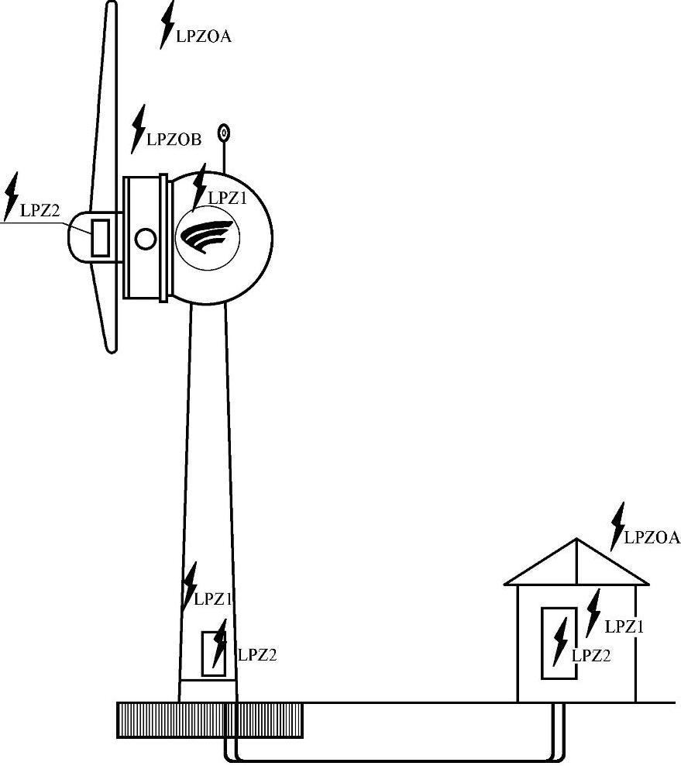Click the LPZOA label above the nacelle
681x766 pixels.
pyautogui.click(x=204, y=36)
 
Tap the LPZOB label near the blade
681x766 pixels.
pyautogui.click(x=174, y=140)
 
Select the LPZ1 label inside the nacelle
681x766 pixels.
pyautogui.click(x=228, y=198)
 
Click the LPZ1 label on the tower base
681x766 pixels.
pyautogui.click(x=213, y=599)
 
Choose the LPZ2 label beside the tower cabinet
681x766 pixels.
pyautogui.click(x=256, y=654)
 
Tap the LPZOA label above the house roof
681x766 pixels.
pyautogui.click(x=652, y=537)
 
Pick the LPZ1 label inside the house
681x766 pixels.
pyautogui.click(x=624, y=626)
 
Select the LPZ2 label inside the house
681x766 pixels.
pyautogui.click(x=591, y=655)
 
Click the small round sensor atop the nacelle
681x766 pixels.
pyautogui.click(x=225, y=133)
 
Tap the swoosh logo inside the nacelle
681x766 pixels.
pyautogui.click(x=205, y=237)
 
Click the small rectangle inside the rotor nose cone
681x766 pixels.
pyautogui.click(x=100, y=238)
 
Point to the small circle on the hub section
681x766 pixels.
pyautogui.click(x=145, y=239)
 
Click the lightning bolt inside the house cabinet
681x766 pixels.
pyautogui.click(x=560, y=643)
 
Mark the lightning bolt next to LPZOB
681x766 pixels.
pyautogui.click(x=139, y=128)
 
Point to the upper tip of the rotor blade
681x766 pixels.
pyautogui.click(x=112, y=6)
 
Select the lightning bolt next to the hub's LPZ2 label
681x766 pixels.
pyautogui.click(x=11, y=196)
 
